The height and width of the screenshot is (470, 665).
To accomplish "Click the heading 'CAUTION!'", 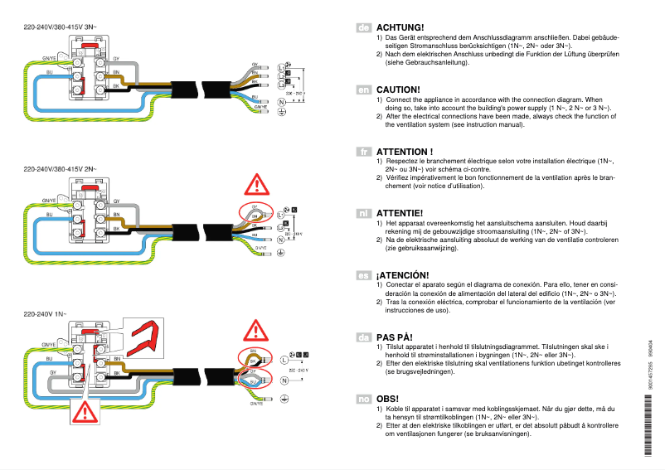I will pos(398,90).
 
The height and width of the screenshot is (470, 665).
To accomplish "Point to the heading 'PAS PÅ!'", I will pos(395,337).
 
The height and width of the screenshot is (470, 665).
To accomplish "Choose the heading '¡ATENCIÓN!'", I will pos(405,275).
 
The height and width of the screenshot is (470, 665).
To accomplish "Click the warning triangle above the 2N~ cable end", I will pos(257,184).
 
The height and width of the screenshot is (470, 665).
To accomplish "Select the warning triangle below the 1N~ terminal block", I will pos(85,411).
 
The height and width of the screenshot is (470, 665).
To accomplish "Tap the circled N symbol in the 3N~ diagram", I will pos(281,102).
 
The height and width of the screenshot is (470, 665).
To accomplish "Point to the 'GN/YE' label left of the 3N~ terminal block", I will pos(49,60).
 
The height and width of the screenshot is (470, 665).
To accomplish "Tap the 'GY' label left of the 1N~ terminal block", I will pos(51,374).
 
